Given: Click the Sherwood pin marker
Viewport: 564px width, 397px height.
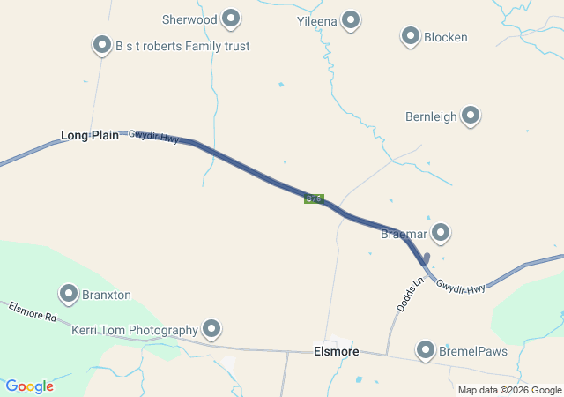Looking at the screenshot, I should pyautogui.click(x=232, y=18).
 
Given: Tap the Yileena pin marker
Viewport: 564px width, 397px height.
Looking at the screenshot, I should pyautogui.click(x=351, y=19).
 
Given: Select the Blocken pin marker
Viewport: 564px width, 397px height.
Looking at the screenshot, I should pyautogui.click(x=411, y=36).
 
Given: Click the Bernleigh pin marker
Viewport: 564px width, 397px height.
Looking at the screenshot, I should pyautogui.click(x=471, y=115).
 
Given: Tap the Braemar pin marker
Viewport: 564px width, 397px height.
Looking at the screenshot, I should pyautogui.click(x=441, y=233).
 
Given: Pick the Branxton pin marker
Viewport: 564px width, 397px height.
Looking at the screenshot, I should pyautogui.click(x=69, y=293).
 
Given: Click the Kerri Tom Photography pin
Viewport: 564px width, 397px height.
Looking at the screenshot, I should pyautogui.click(x=211, y=329).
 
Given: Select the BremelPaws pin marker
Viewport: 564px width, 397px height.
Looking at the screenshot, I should pyautogui.click(x=427, y=349).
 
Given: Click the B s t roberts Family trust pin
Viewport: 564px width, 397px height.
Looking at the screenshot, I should pyautogui.click(x=101, y=45).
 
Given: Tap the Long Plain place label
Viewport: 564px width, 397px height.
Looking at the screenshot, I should pyautogui.click(x=90, y=135).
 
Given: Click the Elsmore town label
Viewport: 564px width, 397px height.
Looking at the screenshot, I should pyautogui.click(x=337, y=351).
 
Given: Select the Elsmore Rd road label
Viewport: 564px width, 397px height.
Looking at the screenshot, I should pyautogui.click(x=33, y=311).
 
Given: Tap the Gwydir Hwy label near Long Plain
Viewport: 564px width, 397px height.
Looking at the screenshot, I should pyautogui.click(x=154, y=137).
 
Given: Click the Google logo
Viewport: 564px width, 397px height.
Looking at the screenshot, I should pyautogui.click(x=30, y=386).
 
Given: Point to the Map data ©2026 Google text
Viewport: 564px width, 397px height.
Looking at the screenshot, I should pyautogui.click(x=509, y=390).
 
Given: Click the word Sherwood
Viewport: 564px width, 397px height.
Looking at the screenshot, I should pyautogui.click(x=189, y=19).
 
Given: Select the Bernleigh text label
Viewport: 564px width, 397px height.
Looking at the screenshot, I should pyautogui.click(x=431, y=116).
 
